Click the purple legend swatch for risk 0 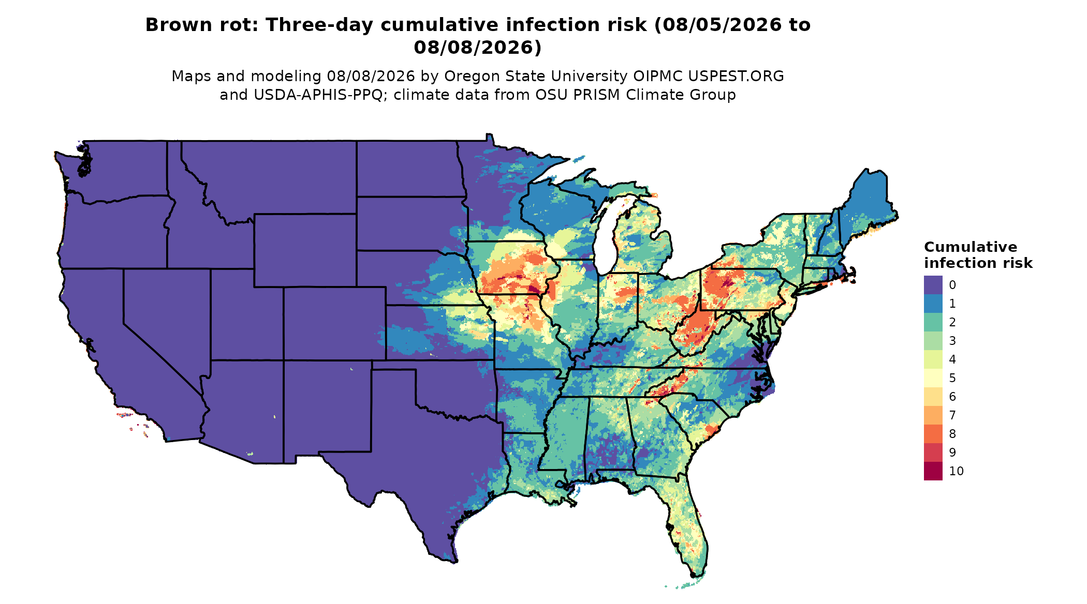pos(933,285)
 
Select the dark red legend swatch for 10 pos(933,471)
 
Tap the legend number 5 pos(952,378)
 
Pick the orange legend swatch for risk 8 pos(933,434)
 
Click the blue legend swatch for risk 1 pos(933,304)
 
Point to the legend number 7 pos(952,415)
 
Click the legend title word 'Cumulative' pos(971,247)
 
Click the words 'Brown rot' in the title pos(200,25)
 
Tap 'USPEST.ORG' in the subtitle pos(736,76)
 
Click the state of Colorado pos(334,323)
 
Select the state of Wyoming pos(305,250)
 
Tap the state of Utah pos(243,315)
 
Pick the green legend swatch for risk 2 pos(933,322)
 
